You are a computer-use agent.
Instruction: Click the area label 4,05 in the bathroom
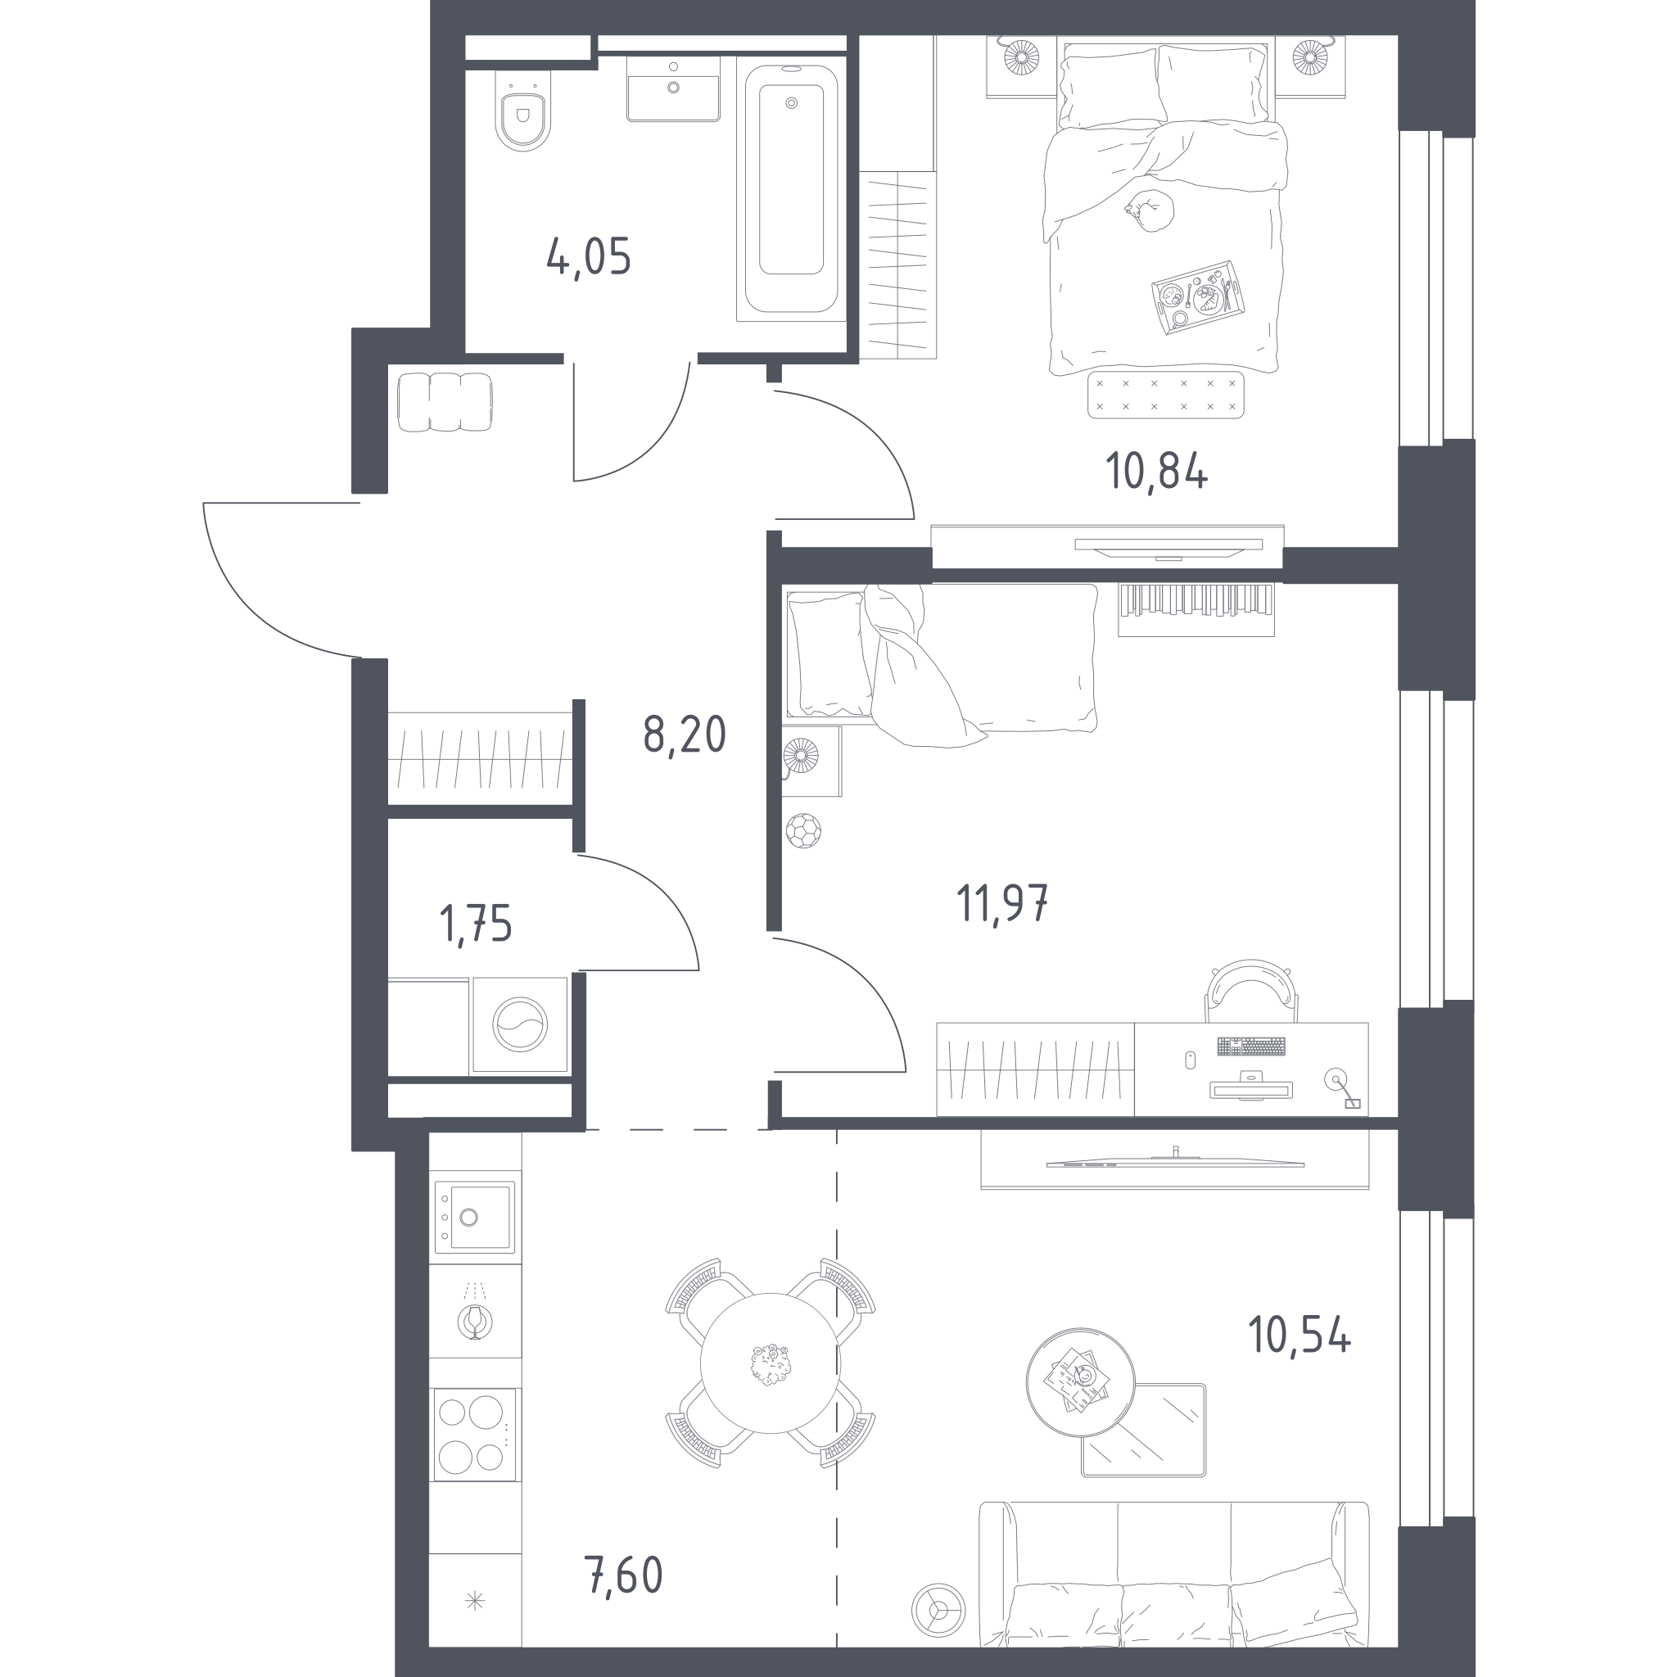(589, 257)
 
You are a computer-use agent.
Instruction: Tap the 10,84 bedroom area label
(1156, 472)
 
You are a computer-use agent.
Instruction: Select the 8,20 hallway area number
(684, 735)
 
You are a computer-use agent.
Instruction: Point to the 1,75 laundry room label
(476, 924)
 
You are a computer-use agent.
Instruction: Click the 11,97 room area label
(1002, 902)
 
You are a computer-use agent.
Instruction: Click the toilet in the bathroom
(523, 111)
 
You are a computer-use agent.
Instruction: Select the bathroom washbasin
(673, 89)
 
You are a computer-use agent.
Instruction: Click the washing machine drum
(520, 1025)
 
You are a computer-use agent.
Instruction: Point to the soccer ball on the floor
(803, 830)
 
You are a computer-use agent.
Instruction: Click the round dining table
(771, 1363)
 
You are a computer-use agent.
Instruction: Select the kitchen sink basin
(475, 1216)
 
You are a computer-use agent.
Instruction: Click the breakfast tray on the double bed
(1198, 298)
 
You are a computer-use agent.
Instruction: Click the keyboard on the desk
(1251, 1046)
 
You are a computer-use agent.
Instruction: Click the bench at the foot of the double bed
(1166, 394)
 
